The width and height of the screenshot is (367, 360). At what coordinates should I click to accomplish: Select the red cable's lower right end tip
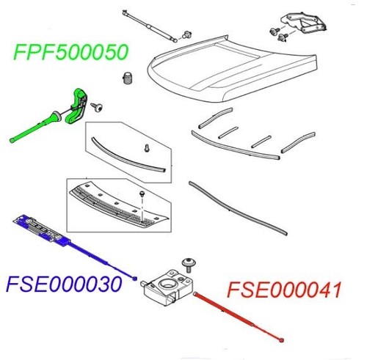tap(283, 339)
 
